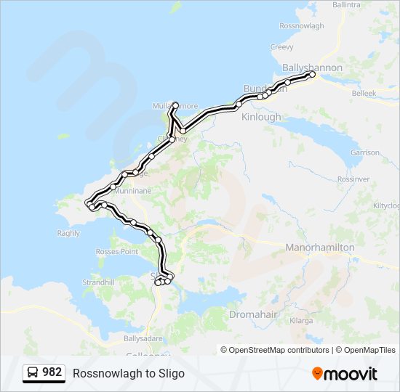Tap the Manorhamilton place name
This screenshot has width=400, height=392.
[321, 248]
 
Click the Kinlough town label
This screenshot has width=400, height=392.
[261, 117]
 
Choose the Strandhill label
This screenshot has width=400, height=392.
[100, 282]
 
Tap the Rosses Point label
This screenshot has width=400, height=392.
[116, 251]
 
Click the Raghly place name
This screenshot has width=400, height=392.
[68, 233]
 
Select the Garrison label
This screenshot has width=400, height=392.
[365, 153]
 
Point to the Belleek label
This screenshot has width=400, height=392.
[364, 94]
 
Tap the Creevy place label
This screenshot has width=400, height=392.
[281, 47]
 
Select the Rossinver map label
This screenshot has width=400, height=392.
[354, 179]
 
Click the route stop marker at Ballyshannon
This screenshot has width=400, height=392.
[312, 75]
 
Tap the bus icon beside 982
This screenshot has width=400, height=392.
[33, 373]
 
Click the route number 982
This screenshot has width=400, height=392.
[52, 372]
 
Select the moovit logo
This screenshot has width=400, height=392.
[345, 374]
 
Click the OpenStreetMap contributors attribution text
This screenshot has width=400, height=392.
[276, 350]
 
